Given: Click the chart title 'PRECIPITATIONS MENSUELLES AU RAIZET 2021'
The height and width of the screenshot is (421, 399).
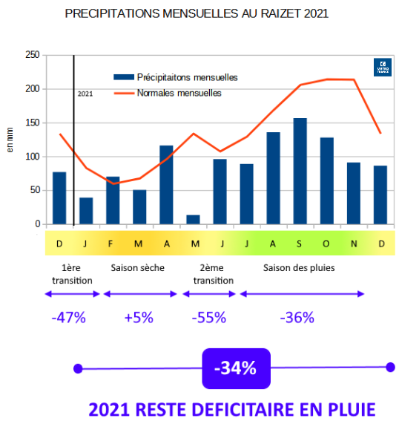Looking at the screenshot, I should click(x=197, y=14).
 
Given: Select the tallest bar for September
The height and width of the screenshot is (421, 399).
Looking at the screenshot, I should click(x=300, y=172).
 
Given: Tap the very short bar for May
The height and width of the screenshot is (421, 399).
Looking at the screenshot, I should click(x=193, y=220).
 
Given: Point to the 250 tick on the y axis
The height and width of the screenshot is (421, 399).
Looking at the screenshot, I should click(x=32, y=55).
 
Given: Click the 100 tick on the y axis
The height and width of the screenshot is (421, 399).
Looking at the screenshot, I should click(x=32, y=157).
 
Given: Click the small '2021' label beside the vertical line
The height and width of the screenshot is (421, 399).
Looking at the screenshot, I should click(x=85, y=94).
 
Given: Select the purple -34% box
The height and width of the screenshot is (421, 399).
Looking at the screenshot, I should click(x=234, y=368).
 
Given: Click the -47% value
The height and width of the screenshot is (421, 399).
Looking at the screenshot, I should click(x=68, y=318).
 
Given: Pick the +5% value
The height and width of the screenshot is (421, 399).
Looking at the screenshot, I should click(x=139, y=318).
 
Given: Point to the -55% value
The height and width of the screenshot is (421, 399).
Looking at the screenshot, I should click(x=208, y=318).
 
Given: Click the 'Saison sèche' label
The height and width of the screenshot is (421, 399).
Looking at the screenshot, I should click(x=137, y=267).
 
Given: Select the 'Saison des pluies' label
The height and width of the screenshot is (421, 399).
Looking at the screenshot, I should click(x=300, y=267).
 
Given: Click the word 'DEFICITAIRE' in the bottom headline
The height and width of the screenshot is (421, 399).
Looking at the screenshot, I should click(x=250, y=409).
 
